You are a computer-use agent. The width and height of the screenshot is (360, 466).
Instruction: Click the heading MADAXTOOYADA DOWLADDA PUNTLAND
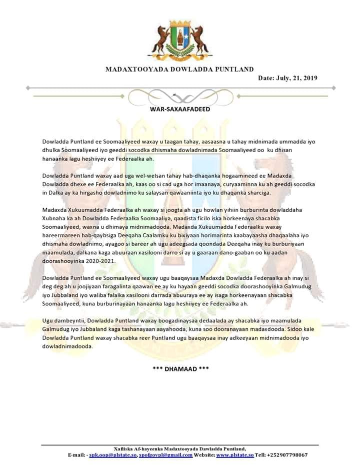click(179, 69)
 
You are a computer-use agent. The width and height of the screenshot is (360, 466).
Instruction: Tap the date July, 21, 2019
click(287, 78)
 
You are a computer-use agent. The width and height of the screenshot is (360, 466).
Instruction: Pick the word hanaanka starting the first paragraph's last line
click(55, 159)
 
